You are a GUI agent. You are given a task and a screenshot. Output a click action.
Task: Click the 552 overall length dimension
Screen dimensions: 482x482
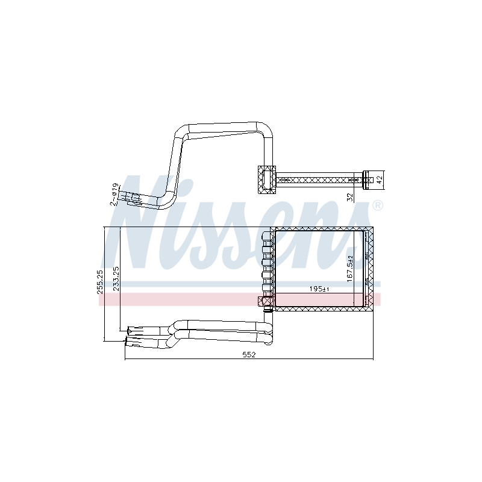[x=249, y=354]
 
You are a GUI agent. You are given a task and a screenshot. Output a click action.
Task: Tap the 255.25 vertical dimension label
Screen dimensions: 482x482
[x=100, y=282]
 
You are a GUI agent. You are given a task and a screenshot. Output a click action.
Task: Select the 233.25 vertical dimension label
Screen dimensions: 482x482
[x=116, y=278]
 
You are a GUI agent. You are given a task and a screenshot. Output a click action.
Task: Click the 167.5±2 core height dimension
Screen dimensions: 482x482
[x=350, y=269]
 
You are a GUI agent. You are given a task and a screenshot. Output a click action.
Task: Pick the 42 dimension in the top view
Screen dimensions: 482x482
[x=380, y=180]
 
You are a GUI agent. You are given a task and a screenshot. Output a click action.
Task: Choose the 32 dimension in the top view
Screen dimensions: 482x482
[x=350, y=197]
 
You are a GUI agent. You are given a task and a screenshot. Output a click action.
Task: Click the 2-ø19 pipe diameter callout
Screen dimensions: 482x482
[x=114, y=194]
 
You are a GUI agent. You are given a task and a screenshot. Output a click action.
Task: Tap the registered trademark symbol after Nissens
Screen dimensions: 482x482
[x=378, y=205]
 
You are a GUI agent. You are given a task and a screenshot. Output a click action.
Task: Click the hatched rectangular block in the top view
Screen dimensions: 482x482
[x=266, y=180]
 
